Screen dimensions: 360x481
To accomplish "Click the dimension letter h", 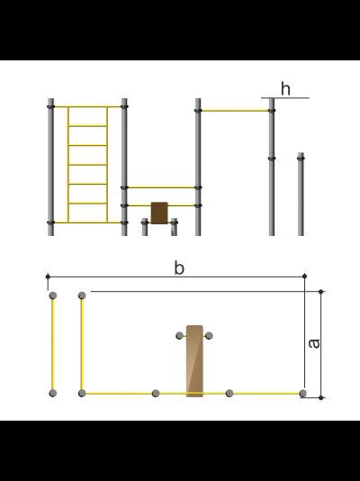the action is [x=285, y=89].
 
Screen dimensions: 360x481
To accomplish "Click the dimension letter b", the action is [x=179, y=268].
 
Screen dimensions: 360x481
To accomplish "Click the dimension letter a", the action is [x=314, y=343].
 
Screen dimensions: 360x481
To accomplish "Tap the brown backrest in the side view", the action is [x=159, y=213].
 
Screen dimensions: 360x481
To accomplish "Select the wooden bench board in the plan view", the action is [x=194, y=361].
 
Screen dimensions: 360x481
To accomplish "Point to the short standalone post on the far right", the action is [x=301, y=194].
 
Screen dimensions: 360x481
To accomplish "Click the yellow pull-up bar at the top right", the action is [x=235, y=111].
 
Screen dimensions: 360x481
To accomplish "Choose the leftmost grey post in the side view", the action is [x=51, y=167].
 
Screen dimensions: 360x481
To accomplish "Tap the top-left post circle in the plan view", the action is [x=53, y=295].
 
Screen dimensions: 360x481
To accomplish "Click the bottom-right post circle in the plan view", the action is [x=302, y=394].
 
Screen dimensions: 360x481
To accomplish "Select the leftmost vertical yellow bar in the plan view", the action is [x=53, y=344].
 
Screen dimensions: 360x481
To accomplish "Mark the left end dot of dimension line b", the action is [x=48, y=277].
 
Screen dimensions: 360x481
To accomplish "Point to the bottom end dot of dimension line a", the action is [x=320, y=398].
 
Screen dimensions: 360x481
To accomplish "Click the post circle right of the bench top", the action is [x=209, y=336].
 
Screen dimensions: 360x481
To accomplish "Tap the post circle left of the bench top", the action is [x=179, y=336].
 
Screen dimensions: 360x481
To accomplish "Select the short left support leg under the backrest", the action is [x=145, y=227].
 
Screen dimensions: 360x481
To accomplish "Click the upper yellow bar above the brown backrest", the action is [x=161, y=187].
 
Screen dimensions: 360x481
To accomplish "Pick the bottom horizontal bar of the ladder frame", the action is [x=87, y=222].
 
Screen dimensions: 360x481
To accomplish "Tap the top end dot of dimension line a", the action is [x=320, y=292].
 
